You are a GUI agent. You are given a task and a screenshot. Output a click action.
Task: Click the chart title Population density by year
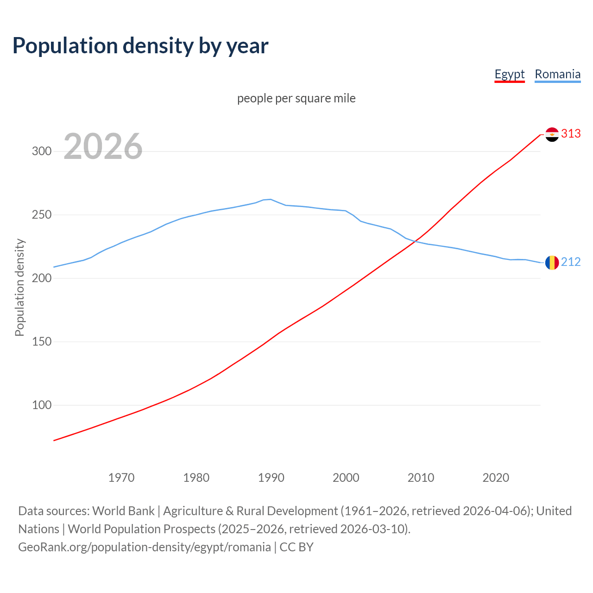pyautogui.click(x=140, y=45)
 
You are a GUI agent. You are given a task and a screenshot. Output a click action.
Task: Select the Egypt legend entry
pyautogui.click(x=509, y=74)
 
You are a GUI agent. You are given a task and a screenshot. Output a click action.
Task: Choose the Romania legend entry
pyautogui.click(x=557, y=74)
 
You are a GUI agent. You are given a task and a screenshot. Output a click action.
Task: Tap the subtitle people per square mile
pyautogui.click(x=296, y=98)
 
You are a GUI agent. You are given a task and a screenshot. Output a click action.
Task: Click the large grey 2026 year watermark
pyautogui.click(x=103, y=146)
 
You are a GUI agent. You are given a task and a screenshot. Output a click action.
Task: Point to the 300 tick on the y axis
pyautogui.click(x=42, y=151)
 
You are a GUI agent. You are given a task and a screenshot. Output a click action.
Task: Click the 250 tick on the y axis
pyautogui.click(x=42, y=215)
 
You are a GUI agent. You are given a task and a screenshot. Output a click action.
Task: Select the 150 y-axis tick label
pyautogui.click(x=42, y=342)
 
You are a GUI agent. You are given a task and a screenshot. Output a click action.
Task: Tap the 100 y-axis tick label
pyautogui.click(x=42, y=405)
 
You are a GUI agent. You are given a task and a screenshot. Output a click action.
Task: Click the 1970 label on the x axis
pyautogui.click(x=121, y=478)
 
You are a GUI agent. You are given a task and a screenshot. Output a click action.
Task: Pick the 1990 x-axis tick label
pyautogui.click(x=271, y=478)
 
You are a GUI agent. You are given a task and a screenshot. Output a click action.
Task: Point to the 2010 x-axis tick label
pyautogui.click(x=421, y=478)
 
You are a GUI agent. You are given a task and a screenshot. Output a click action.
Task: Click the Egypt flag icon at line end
pyautogui.click(x=552, y=134)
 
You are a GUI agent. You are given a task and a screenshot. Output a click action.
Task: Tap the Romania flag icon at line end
pyautogui.click(x=552, y=263)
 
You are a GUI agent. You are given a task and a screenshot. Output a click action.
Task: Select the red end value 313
pyautogui.click(x=571, y=134)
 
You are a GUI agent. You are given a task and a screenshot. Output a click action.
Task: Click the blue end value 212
pyautogui.click(x=571, y=262)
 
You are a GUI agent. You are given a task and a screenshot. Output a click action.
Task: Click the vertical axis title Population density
pyautogui.click(x=19, y=287)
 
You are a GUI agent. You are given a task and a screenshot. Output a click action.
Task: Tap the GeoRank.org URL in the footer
pyautogui.click(x=145, y=547)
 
